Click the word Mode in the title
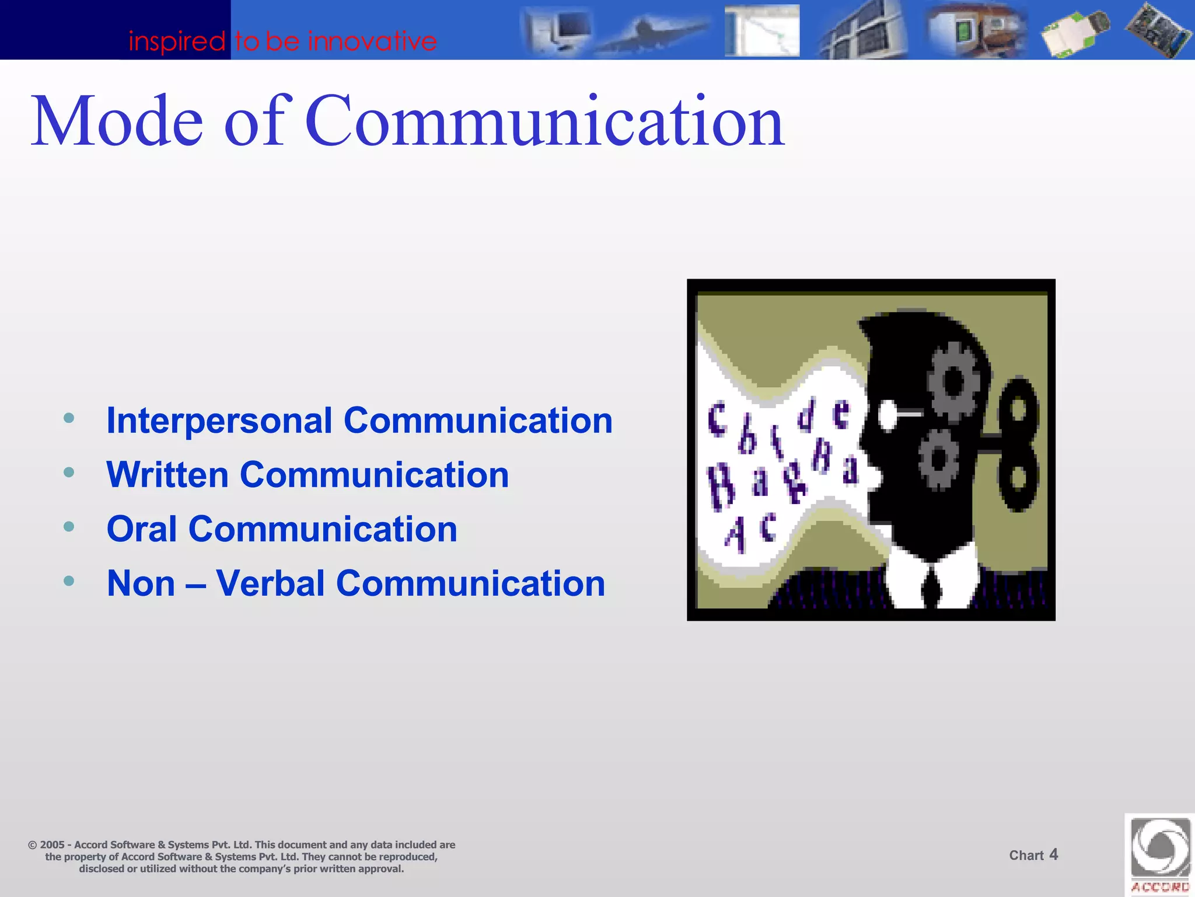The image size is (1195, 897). pyautogui.click(x=117, y=121)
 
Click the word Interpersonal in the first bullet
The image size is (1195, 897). pyautogui.click(x=219, y=420)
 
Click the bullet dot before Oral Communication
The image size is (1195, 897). pyautogui.click(x=69, y=527)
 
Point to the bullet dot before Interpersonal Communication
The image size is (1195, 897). pyautogui.click(x=69, y=418)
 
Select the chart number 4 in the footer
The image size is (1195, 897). pyautogui.click(x=1053, y=854)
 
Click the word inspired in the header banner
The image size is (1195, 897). pyautogui.click(x=177, y=41)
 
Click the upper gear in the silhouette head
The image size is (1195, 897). pyautogui.click(x=953, y=383)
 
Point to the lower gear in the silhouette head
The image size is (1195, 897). pyautogui.click(x=938, y=458)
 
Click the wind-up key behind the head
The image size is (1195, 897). pyautogui.click(x=1018, y=444)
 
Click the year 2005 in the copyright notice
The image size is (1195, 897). pyautogui.click(x=52, y=845)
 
